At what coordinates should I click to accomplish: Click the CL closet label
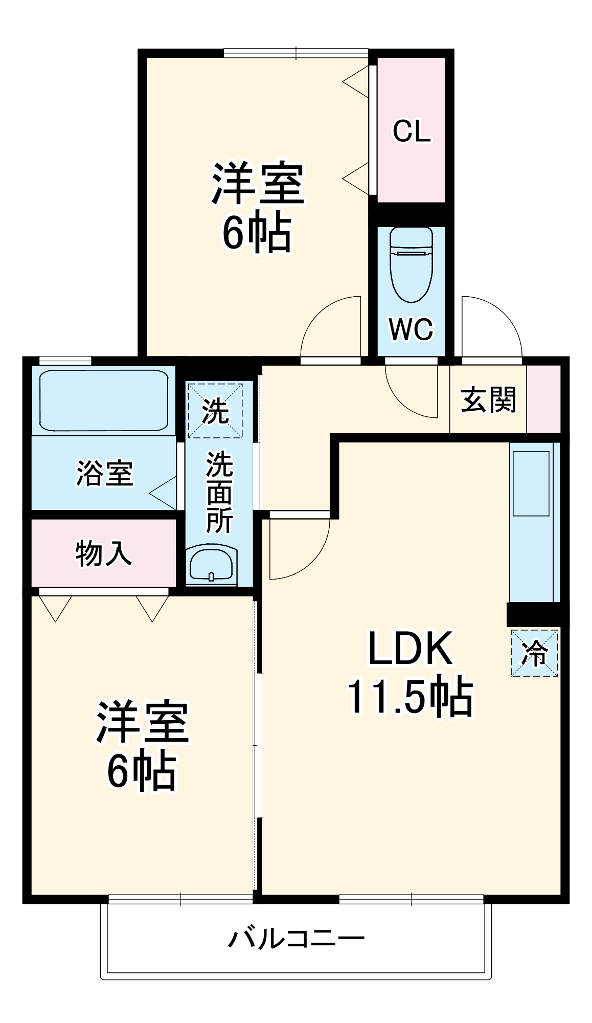pyautogui.click(x=412, y=131)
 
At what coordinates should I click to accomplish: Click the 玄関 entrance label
pyautogui.click(x=488, y=399)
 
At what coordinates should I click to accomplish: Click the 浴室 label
pyautogui.click(x=105, y=473)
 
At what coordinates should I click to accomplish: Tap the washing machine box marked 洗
pyautogui.click(x=215, y=411)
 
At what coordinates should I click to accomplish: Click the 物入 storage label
pyautogui.click(x=104, y=553)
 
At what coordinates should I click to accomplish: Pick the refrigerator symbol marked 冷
pyautogui.click(x=534, y=653)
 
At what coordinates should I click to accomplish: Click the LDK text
pyautogui.click(x=411, y=649)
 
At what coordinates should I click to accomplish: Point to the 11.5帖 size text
pyautogui.click(x=411, y=696)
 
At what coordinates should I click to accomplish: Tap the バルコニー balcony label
pyautogui.click(x=296, y=939)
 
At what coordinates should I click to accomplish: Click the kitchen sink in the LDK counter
pyautogui.click(x=531, y=483)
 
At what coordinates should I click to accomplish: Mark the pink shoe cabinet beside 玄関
pyautogui.click(x=543, y=399)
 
